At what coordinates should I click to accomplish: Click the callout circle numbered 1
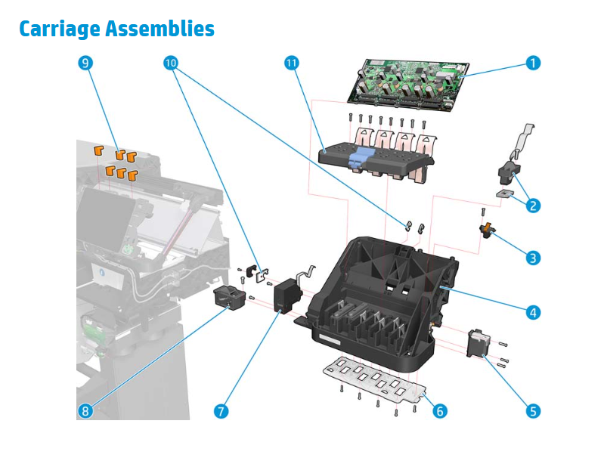[534, 63]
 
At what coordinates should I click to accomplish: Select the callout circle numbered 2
[534, 205]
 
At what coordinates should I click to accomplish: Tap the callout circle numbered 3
[534, 258]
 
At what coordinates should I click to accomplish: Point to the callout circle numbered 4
[534, 311]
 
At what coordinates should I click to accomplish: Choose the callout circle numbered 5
[534, 411]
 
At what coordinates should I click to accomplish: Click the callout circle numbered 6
[439, 411]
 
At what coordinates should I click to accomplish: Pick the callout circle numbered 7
[221, 411]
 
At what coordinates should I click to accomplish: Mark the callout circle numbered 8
[85, 411]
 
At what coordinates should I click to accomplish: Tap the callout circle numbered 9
[85, 63]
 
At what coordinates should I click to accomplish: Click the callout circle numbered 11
[292, 63]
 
